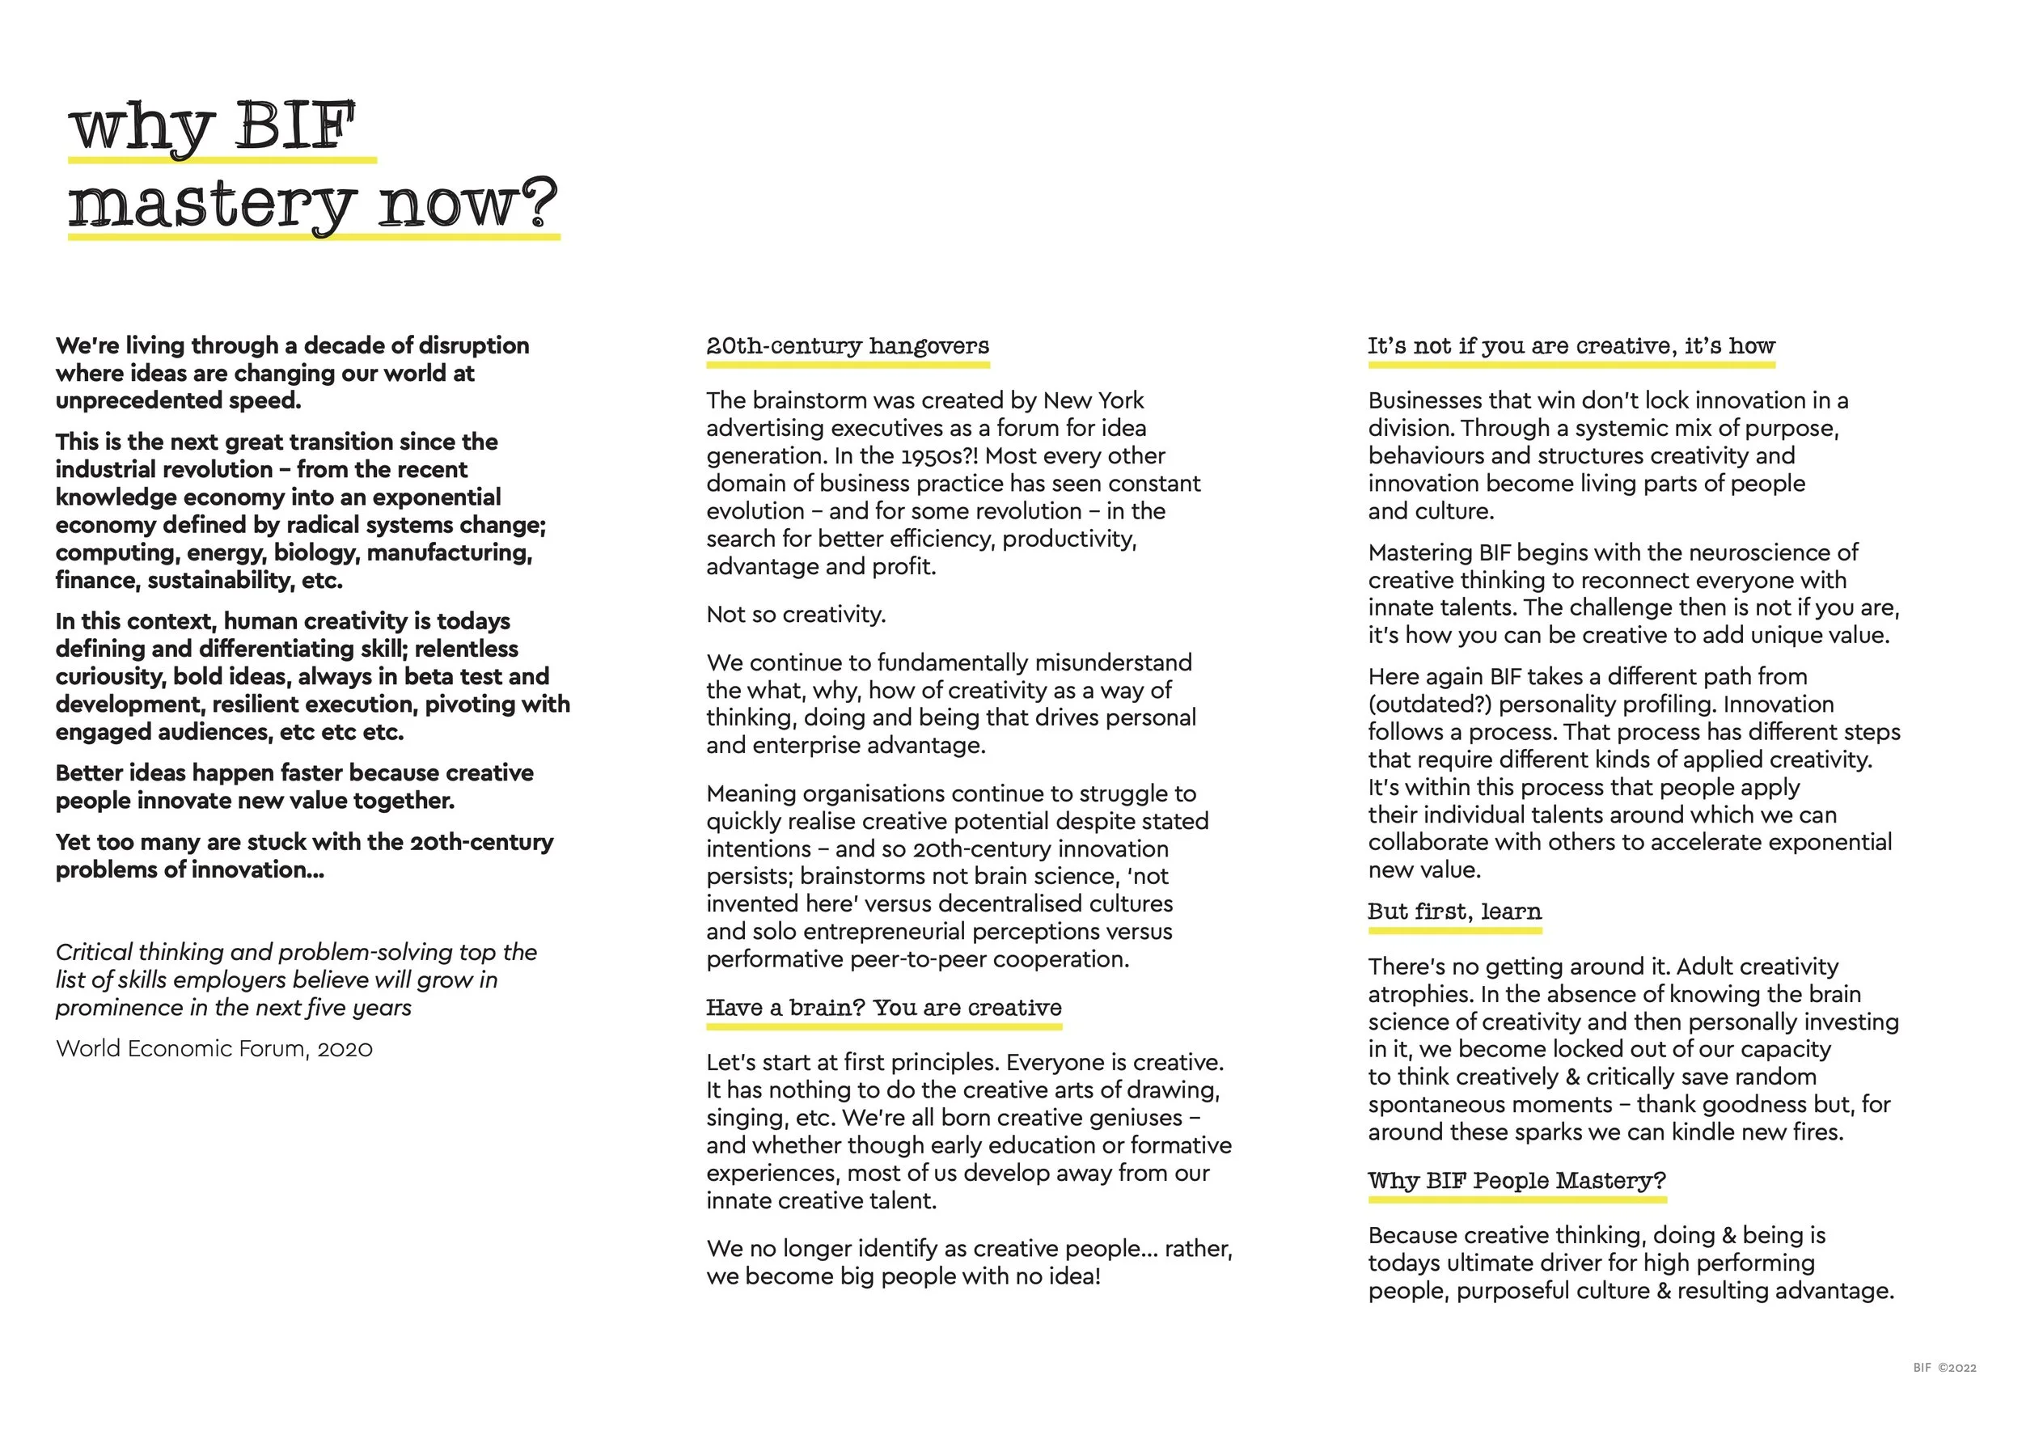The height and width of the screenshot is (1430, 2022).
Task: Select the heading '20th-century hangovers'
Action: click(847, 346)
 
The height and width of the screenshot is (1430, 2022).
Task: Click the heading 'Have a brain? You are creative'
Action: click(883, 1007)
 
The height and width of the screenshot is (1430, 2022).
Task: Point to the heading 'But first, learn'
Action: click(1454, 912)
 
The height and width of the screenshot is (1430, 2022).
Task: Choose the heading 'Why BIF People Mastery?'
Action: click(1516, 1181)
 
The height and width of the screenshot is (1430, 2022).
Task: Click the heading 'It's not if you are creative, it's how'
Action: click(1571, 346)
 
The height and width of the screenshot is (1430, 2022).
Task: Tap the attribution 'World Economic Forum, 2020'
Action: click(214, 1049)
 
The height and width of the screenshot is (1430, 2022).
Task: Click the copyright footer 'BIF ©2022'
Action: click(1944, 1368)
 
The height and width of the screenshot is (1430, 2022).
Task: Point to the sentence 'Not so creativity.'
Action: click(795, 615)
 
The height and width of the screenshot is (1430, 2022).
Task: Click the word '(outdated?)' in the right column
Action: click(1429, 704)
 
